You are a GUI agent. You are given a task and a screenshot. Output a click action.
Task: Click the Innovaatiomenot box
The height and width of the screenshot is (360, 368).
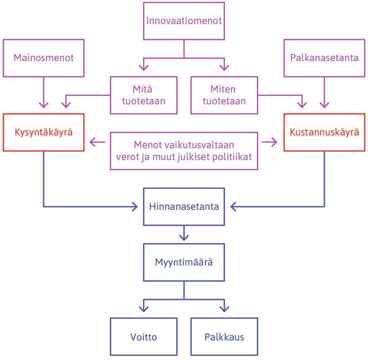tap(184, 21)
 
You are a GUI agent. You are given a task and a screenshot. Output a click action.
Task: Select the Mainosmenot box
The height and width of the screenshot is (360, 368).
tap(44, 58)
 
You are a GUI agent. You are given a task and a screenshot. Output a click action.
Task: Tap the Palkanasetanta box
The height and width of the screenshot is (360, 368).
tap(324, 58)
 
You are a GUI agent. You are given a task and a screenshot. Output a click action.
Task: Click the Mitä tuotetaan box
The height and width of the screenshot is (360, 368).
tap(144, 94)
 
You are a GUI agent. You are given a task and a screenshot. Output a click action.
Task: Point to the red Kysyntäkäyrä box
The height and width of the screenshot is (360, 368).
tap(44, 132)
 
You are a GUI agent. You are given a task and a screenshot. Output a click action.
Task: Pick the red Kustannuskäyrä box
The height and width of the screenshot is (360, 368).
tap(324, 132)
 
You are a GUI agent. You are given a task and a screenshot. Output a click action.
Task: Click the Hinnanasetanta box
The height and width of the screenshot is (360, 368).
tap(184, 207)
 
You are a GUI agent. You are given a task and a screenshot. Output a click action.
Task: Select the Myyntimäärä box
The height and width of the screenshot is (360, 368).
tap(184, 262)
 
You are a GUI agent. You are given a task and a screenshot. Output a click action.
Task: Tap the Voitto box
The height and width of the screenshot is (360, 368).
tap(144, 337)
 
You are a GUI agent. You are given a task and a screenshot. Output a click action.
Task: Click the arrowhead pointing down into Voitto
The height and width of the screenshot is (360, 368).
tap(144, 309)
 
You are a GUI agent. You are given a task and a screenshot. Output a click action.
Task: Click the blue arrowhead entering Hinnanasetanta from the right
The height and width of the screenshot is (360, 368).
tap(234, 207)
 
